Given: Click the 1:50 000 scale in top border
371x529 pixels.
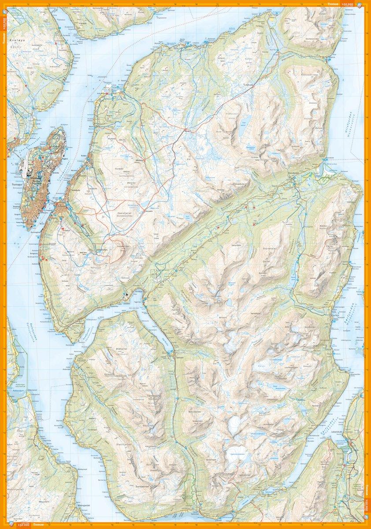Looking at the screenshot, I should (348, 4).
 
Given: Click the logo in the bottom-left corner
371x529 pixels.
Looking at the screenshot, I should (9, 524).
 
